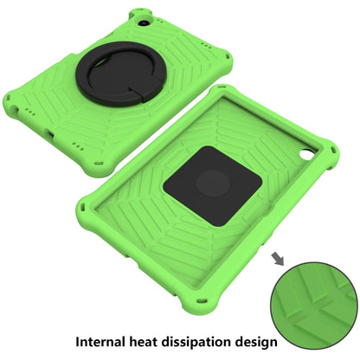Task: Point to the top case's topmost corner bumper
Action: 144,16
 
